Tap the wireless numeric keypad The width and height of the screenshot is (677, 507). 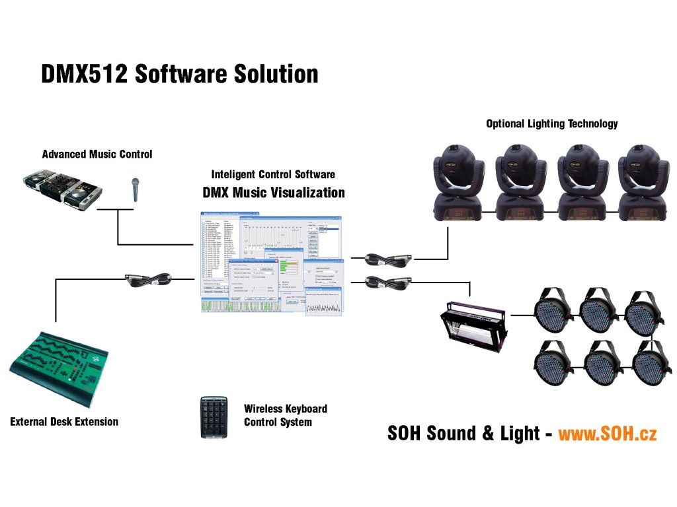coord(214,417)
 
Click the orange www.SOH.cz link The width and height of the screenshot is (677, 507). coord(607,434)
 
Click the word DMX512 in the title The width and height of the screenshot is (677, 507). coord(84,73)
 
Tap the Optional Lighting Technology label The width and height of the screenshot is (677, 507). coord(551,123)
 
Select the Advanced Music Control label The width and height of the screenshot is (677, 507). coord(97,154)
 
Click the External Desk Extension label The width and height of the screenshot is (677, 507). coord(64,421)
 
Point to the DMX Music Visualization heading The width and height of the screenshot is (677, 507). coord(273,193)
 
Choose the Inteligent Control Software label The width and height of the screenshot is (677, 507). coord(273,175)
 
